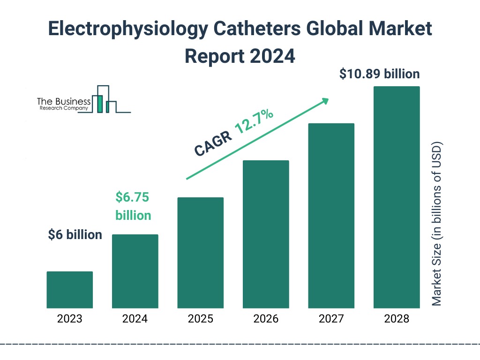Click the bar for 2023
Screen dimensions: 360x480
coord(70,290)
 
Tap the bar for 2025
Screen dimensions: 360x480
coord(200,253)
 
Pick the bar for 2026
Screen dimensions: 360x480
coord(266,234)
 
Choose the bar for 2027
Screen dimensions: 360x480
coord(331,216)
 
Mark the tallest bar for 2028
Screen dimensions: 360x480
coord(396,197)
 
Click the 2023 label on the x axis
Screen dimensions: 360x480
coord(70,319)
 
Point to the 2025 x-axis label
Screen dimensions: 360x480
coord(200,319)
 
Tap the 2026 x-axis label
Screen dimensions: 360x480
coord(266,319)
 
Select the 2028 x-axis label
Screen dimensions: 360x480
coord(396,319)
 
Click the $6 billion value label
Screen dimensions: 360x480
coord(75,235)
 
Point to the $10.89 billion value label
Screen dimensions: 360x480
coord(379,74)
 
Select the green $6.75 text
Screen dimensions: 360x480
coord(132,197)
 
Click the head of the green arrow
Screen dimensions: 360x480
coord(324,100)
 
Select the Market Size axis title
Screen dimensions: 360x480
coord(437,223)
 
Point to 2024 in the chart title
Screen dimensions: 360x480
coord(272,56)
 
